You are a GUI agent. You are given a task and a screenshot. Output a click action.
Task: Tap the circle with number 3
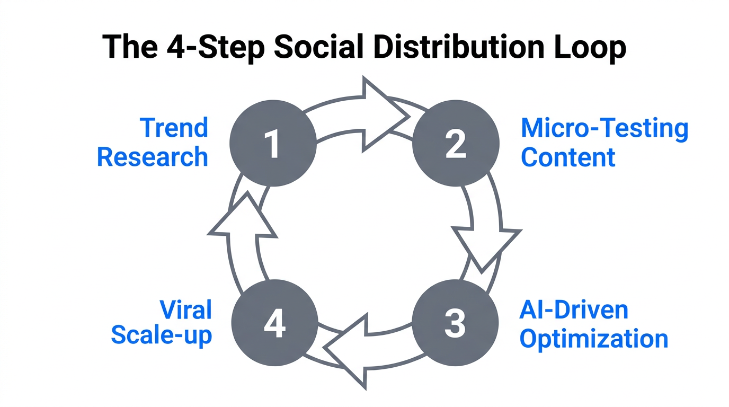click(456, 323)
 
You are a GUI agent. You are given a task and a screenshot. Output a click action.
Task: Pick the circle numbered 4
click(274, 323)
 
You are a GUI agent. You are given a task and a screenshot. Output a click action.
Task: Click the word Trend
click(174, 128)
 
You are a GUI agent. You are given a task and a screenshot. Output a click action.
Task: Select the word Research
click(153, 157)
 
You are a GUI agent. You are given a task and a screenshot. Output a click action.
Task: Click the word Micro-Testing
click(604, 128)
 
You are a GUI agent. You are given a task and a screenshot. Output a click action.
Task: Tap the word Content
click(568, 157)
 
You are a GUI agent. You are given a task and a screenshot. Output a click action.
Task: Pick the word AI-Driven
click(574, 309)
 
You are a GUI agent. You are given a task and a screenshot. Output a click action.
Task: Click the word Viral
click(185, 309)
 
